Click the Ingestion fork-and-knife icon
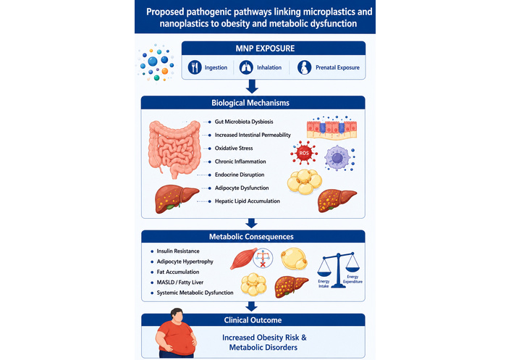(x=195, y=67)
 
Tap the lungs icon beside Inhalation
(x=246, y=67)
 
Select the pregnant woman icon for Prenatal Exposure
(x=305, y=67)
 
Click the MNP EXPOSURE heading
(x=265, y=49)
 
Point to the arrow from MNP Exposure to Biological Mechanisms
(x=252, y=86)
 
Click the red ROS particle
(x=304, y=153)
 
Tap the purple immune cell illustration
(x=338, y=158)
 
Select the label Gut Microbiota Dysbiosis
(x=244, y=122)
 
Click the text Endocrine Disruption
(x=240, y=175)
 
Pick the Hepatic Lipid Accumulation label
(x=248, y=201)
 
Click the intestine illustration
(x=174, y=149)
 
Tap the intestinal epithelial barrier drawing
(x=331, y=128)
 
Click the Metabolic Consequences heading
(x=251, y=237)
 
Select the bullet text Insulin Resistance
(x=178, y=251)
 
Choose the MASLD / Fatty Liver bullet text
(x=180, y=282)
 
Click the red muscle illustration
(x=243, y=259)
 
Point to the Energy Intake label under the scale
(x=324, y=284)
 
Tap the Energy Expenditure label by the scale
(x=352, y=279)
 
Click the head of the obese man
(x=177, y=315)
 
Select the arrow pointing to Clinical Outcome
(x=251, y=306)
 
